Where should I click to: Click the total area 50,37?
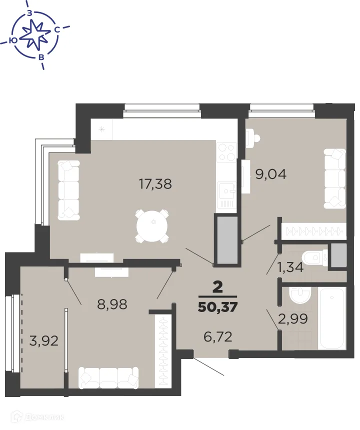pos(217,305)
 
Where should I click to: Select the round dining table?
pos(153,225)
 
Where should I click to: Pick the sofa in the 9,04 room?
pos(334,178)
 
